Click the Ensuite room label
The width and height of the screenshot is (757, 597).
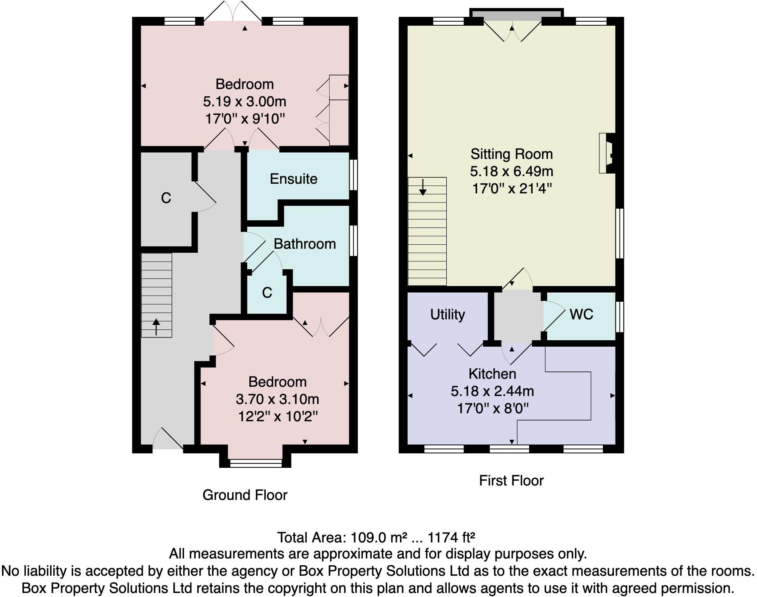click(x=293, y=179)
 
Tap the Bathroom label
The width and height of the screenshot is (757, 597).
click(x=305, y=244)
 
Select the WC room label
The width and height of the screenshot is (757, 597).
click(x=581, y=314)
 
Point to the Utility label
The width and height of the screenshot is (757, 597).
click(x=447, y=315)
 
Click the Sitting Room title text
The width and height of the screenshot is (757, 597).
click(x=512, y=154)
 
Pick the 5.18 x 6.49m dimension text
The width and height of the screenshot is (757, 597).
click(x=512, y=171)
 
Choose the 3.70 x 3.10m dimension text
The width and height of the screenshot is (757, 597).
click(x=277, y=399)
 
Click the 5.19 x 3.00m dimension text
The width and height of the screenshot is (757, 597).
click(x=245, y=102)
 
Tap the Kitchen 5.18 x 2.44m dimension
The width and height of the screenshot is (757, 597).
click(x=492, y=391)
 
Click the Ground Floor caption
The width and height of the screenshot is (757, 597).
click(x=245, y=495)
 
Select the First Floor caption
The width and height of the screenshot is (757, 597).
click(x=511, y=481)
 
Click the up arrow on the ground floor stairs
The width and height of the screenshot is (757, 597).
click(x=156, y=327)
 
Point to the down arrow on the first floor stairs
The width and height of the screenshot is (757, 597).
click(x=423, y=187)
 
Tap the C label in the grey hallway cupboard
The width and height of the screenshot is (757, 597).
click(x=166, y=198)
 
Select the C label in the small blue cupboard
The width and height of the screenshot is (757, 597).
click(x=267, y=293)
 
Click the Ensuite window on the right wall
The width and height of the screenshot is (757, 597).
click(x=354, y=175)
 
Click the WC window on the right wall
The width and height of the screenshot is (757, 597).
click(x=620, y=317)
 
